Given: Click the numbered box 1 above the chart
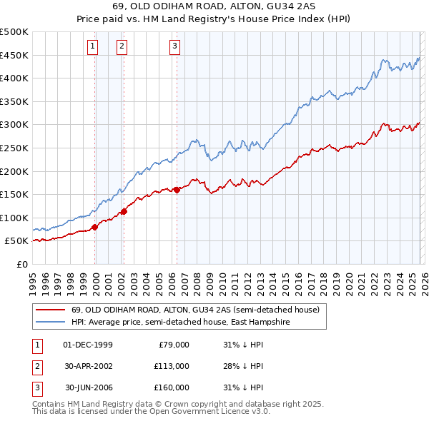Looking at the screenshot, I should [x=93, y=47].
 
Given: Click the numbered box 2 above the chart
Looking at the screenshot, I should [x=122, y=47].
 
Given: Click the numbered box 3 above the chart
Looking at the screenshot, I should [x=175, y=47].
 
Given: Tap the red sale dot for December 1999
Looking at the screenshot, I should [x=94, y=228].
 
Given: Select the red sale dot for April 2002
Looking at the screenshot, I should [x=124, y=211].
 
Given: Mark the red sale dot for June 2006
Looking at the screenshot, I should [x=177, y=190].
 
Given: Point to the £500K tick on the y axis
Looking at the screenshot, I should [x=14, y=32].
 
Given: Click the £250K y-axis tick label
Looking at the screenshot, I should [x=14, y=148].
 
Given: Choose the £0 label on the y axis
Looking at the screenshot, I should [x=21, y=264].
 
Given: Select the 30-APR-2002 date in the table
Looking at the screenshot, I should [x=89, y=366].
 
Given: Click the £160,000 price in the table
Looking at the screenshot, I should [x=171, y=387].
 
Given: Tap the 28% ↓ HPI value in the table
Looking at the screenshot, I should [x=243, y=366].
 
